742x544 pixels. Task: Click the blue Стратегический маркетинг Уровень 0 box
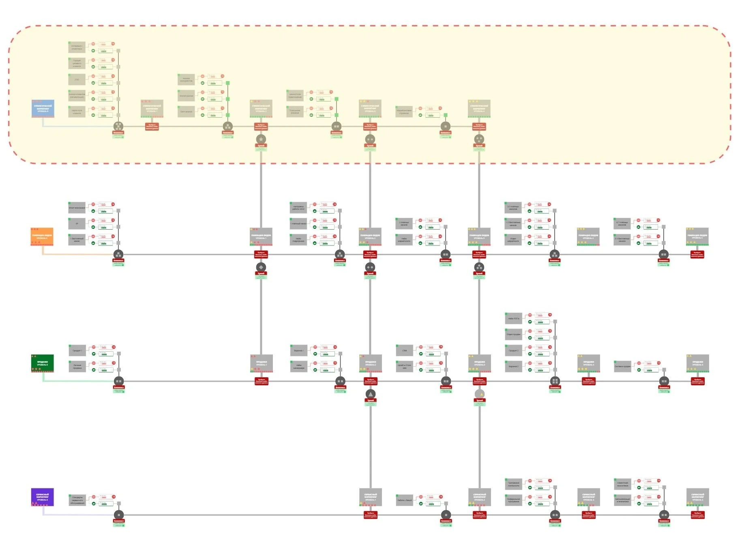point(43,108)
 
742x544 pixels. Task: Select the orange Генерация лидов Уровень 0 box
point(42,236)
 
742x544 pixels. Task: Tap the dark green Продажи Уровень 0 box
point(42,363)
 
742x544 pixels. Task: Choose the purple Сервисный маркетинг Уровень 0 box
point(42,497)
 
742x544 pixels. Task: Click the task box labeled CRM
point(404,350)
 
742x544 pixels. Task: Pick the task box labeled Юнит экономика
point(77,208)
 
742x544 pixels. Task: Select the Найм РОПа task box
point(513,318)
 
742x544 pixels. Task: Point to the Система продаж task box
point(622,366)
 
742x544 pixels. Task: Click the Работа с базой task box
point(404,500)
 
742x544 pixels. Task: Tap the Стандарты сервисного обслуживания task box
point(77,500)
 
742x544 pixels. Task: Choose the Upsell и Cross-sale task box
point(404,366)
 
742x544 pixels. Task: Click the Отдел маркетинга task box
point(513,240)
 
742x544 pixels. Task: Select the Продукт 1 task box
point(77,350)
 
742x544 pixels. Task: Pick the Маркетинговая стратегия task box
point(404,112)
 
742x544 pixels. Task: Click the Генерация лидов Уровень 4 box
point(588,236)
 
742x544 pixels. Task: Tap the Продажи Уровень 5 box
point(697,363)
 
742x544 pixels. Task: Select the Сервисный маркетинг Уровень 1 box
point(370,497)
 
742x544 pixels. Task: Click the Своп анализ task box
point(186,112)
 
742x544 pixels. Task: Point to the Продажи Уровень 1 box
point(261,363)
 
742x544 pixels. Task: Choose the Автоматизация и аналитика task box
point(622,500)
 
